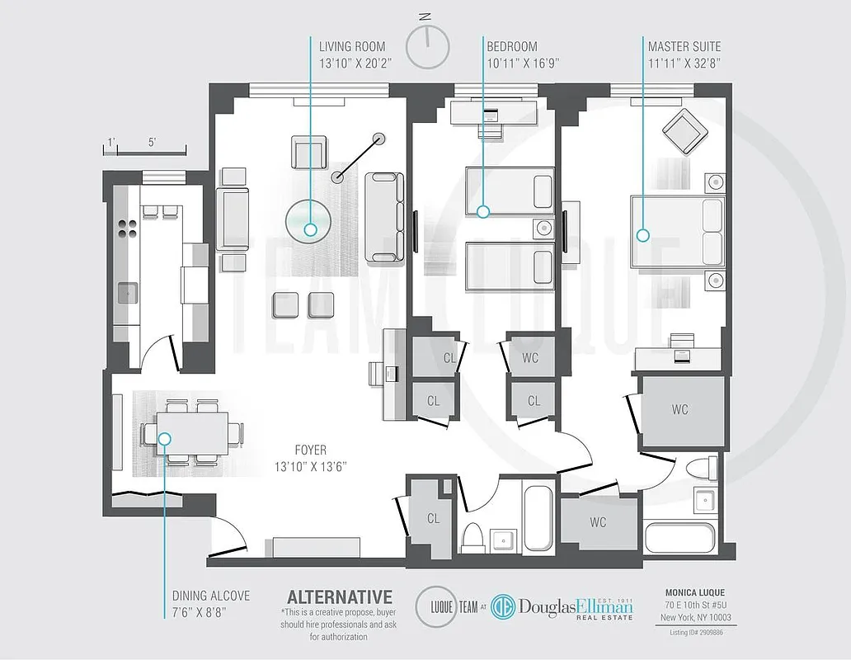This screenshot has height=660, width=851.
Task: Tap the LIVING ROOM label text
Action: [352, 47]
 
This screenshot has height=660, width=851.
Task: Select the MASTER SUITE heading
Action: [684, 47]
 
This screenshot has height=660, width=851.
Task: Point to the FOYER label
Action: [310, 450]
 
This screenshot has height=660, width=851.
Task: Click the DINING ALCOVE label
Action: [211, 596]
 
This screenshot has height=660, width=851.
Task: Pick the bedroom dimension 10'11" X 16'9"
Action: [523, 61]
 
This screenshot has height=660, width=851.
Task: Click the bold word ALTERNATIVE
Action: [339, 596]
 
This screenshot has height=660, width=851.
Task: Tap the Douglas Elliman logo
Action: [562, 609]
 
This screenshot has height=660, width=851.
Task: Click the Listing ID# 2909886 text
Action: [698, 631]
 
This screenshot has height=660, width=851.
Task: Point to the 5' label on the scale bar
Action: [153, 142]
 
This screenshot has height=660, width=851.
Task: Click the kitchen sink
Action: [127, 292]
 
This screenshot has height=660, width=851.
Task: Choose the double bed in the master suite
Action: [676, 233]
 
